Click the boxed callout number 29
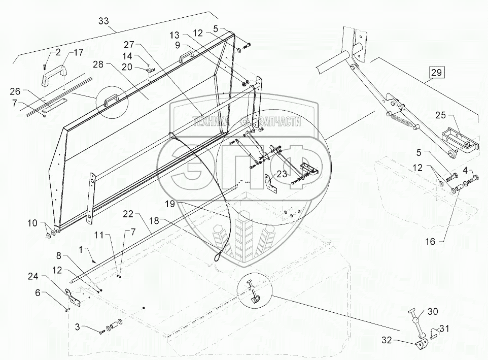(437, 73)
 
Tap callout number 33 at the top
(103, 21)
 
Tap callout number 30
(433, 311)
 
